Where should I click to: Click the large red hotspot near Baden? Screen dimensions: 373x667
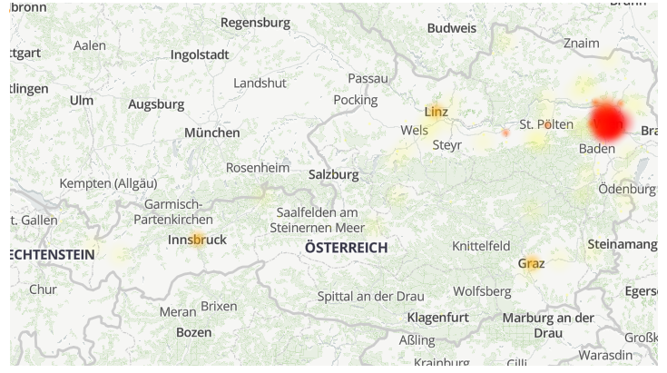pyautogui.click(x=608, y=122)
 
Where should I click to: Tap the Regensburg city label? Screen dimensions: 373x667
pyautogui.click(x=256, y=22)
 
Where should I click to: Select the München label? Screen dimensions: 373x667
pyautogui.click(x=212, y=133)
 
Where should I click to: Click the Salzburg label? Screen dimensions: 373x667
pyautogui.click(x=334, y=174)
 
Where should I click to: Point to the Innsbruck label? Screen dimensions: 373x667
pyautogui.click(x=197, y=240)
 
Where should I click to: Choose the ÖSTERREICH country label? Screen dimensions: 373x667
pyautogui.click(x=346, y=248)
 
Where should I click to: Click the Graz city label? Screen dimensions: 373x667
pyautogui.click(x=532, y=263)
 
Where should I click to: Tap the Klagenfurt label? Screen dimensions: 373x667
pyautogui.click(x=438, y=317)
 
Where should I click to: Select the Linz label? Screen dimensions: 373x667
pyautogui.click(x=436, y=112)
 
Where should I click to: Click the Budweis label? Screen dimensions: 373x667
pyautogui.click(x=452, y=28)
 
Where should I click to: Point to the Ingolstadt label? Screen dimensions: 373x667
pyautogui.click(x=200, y=54)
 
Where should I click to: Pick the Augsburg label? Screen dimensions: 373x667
pyautogui.click(x=156, y=104)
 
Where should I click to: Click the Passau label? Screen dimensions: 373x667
pyautogui.click(x=368, y=79)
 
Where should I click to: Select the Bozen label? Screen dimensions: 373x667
pyautogui.click(x=193, y=332)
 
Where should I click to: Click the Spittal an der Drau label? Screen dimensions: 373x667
pyautogui.click(x=371, y=296)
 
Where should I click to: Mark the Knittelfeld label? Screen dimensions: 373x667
pyautogui.click(x=481, y=246)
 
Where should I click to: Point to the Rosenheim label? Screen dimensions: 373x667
pyautogui.click(x=258, y=168)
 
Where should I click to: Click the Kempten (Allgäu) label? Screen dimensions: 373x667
pyautogui.click(x=108, y=183)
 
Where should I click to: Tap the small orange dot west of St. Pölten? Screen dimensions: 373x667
pyautogui.click(x=505, y=133)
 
